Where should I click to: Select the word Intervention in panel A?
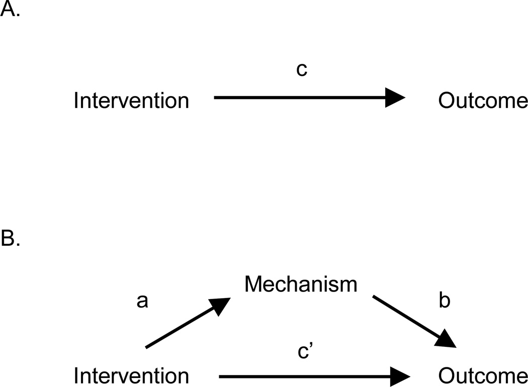[131, 101]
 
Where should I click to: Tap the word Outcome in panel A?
[483, 101]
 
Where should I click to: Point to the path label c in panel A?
[301, 70]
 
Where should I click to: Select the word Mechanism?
[300, 284]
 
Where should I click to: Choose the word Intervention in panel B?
[131, 376]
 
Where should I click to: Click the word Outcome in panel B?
[483, 376]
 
